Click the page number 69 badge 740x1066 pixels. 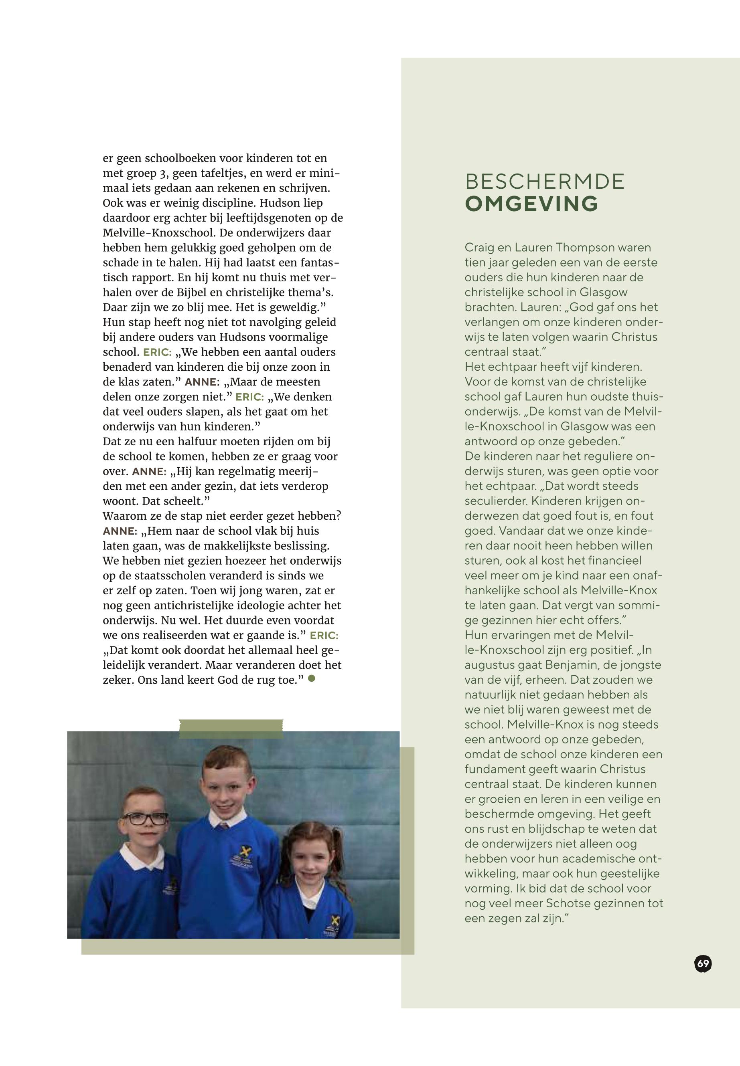tap(703, 964)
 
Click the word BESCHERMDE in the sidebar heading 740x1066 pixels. tap(545, 182)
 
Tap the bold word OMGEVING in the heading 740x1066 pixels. tap(531, 204)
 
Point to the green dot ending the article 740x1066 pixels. tap(312, 678)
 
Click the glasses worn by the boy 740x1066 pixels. tap(144, 819)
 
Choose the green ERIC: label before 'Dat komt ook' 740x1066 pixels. tap(324, 636)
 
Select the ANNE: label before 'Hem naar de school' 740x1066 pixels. tap(120, 531)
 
